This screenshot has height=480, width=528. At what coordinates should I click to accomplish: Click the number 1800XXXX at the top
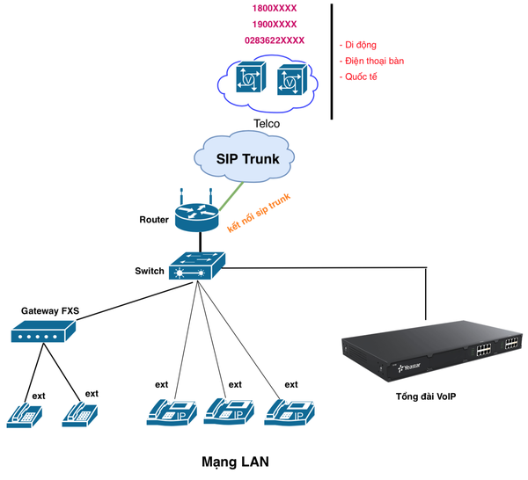pyautogui.click(x=275, y=7)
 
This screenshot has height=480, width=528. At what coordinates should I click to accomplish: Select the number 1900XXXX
pyautogui.click(x=275, y=24)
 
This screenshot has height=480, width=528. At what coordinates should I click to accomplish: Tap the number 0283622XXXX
pyautogui.click(x=275, y=40)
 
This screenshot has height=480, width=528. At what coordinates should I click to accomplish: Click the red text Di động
pyautogui.click(x=361, y=45)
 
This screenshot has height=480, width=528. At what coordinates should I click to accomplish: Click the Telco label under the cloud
pyautogui.click(x=267, y=124)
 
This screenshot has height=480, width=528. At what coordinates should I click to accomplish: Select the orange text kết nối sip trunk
pyautogui.click(x=260, y=213)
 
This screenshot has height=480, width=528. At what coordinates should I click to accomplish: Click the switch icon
pyautogui.click(x=197, y=265)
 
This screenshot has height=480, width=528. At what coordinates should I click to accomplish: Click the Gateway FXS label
pyautogui.click(x=51, y=311)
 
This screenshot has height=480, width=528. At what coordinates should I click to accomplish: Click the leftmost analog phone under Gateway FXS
pyautogui.click(x=26, y=412)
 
